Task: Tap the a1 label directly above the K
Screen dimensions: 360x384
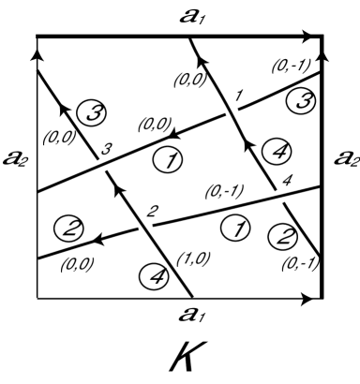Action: click(178, 314)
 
